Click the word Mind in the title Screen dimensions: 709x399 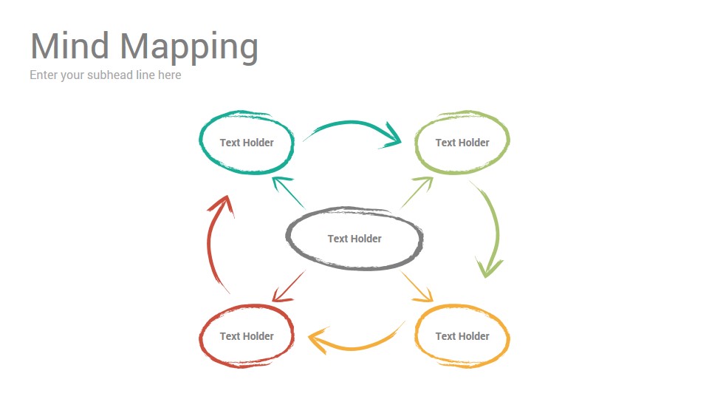[69, 46]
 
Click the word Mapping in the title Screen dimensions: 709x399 [189, 48]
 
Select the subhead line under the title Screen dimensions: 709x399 [106, 75]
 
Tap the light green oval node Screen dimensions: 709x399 [416, 143]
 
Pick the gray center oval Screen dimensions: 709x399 [287, 239]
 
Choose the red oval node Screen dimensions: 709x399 [200, 337]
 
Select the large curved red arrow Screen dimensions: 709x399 [210, 245]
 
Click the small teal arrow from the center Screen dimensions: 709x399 [289, 193]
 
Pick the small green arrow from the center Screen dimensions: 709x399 [417, 192]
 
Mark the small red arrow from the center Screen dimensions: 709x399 [289, 287]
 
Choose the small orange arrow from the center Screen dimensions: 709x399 [417, 287]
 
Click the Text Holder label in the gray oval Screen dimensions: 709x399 [354, 239]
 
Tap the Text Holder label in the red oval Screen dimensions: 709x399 [247, 337]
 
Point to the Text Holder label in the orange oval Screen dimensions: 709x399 [462, 337]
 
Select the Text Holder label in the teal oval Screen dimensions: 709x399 [247, 143]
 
